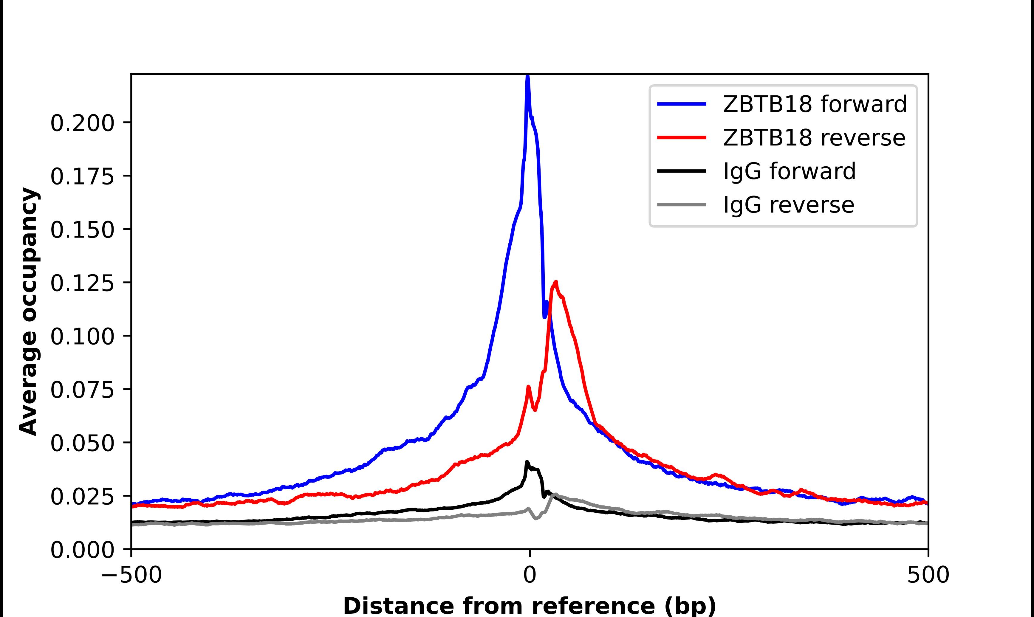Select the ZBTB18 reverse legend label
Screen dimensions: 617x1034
click(x=814, y=138)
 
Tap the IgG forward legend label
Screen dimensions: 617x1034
click(x=789, y=171)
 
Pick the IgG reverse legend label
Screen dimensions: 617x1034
click(x=788, y=205)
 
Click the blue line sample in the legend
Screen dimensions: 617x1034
click(x=682, y=104)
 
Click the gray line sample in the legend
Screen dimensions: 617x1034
click(x=682, y=204)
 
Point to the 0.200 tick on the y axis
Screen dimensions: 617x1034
click(x=82, y=123)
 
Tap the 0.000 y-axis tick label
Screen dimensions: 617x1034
click(x=82, y=550)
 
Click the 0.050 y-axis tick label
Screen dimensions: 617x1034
click(x=82, y=443)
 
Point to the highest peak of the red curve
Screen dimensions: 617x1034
click(x=556, y=282)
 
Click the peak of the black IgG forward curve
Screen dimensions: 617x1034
click(x=527, y=462)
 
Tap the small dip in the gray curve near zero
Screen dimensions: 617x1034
click(x=535, y=518)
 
